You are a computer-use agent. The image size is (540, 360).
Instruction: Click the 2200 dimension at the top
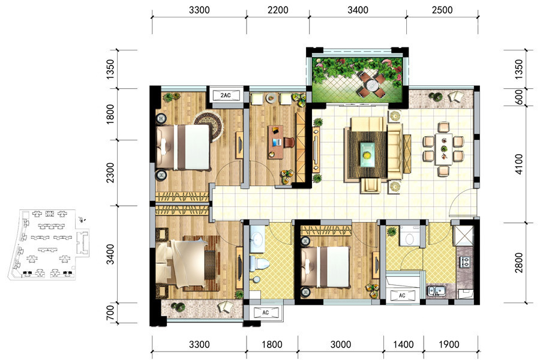(278, 10)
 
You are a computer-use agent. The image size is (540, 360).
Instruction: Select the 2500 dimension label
(442, 10)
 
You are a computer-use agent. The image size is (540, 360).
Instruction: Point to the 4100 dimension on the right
(518, 164)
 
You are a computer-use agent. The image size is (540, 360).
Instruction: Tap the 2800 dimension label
(518, 263)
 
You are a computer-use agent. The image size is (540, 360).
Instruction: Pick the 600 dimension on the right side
(518, 97)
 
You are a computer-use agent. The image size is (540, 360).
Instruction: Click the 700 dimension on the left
(110, 313)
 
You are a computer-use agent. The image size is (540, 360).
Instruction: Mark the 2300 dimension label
(110, 173)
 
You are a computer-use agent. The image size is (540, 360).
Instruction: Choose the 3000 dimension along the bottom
(341, 344)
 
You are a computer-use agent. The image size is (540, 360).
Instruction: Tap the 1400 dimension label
(403, 344)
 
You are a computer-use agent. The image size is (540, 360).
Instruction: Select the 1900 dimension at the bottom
(449, 344)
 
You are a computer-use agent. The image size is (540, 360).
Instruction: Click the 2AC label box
(226, 95)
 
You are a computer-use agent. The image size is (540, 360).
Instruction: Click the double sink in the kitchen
(436, 291)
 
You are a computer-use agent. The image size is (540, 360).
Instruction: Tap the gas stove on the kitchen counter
(465, 262)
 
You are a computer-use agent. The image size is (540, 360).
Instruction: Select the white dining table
(443, 149)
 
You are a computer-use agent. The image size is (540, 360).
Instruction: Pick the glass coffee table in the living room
(367, 155)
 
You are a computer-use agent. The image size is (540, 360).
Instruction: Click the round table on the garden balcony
(371, 85)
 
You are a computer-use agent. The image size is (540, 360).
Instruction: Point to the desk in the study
(275, 142)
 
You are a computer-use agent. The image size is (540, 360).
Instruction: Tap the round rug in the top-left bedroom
(208, 126)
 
